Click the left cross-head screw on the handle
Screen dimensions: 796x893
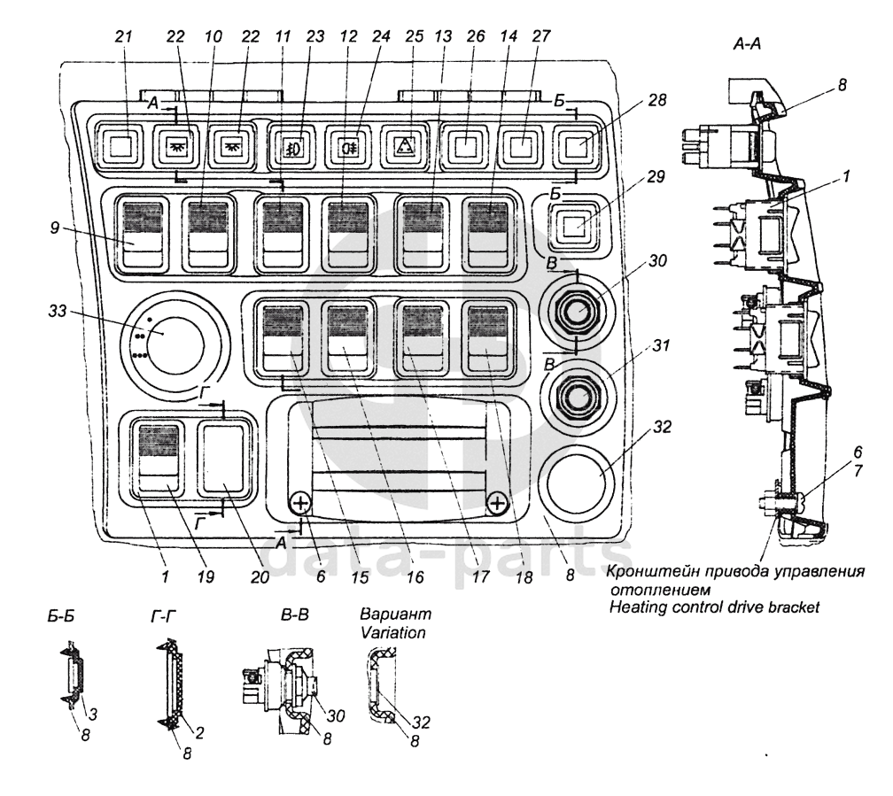(301, 503)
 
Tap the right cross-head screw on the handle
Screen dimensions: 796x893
(497, 503)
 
